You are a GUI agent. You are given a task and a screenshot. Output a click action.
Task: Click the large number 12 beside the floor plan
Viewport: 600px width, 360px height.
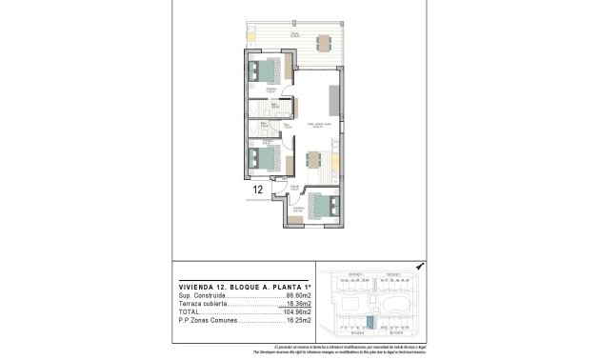point(258,190)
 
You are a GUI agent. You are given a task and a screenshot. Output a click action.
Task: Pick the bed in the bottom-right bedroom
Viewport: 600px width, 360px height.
point(323,206)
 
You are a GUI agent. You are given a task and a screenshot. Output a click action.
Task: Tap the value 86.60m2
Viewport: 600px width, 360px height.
point(298,296)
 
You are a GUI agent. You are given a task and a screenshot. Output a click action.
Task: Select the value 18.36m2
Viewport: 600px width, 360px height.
point(298,304)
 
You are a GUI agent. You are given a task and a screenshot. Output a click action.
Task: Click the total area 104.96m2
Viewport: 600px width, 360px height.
point(297,311)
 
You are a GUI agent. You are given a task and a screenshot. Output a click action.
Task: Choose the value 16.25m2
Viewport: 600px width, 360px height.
point(298,320)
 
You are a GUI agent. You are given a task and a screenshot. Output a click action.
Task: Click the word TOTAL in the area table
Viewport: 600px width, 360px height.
point(189,311)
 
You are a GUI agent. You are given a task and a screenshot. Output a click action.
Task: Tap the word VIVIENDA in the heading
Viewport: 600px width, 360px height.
point(197,287)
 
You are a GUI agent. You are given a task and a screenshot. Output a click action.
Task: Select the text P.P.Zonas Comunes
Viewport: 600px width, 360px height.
point(207,320)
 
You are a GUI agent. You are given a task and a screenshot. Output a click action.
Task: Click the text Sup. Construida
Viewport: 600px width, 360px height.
point(201,296)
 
